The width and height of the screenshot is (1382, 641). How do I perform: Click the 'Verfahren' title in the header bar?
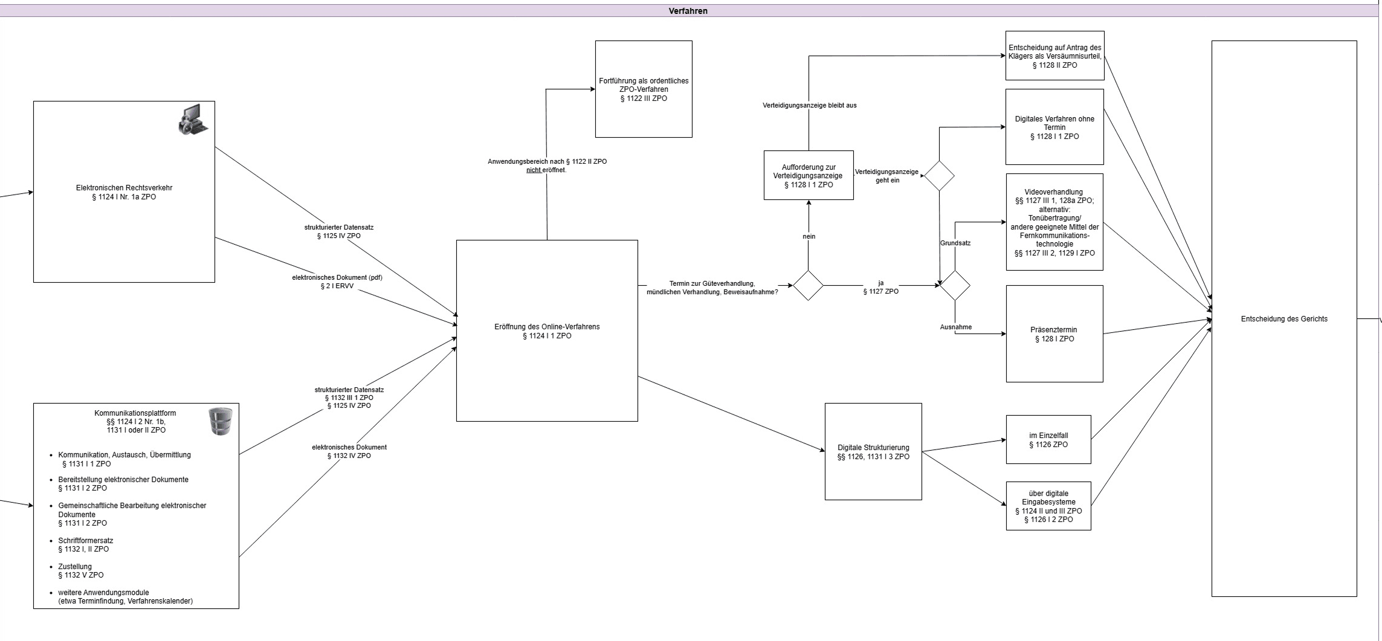point(688,11)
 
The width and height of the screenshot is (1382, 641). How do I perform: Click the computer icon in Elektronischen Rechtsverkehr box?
point(193,119)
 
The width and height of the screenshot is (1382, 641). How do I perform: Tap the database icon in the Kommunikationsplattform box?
point(220,421)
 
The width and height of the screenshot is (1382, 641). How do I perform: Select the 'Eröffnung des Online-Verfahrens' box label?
point(547,331)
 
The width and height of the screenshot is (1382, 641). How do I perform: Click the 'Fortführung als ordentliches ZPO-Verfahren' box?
point(644,89)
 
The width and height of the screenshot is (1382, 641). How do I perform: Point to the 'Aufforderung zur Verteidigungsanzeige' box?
point(809,176)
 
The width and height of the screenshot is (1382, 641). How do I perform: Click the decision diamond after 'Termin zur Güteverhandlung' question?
point(809,285)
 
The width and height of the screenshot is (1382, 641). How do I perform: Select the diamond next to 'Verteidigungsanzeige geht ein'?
point(939,176)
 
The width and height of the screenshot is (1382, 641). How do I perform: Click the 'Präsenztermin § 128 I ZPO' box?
point(1054,334)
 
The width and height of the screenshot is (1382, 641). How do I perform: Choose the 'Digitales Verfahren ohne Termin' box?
point(1054,127)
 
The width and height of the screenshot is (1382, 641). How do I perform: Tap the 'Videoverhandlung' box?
point(1054,222)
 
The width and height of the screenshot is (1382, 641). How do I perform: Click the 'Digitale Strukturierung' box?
point(873,452)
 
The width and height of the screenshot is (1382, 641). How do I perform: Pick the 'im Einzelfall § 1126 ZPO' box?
point(1048,440)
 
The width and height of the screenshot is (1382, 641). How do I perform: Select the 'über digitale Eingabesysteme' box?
point(1048,506)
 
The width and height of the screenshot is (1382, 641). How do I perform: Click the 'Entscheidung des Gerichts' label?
point(1284,319)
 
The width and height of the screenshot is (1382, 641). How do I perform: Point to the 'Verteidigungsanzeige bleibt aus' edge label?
point(809,105)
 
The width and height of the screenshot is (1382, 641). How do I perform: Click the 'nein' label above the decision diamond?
point(809,236)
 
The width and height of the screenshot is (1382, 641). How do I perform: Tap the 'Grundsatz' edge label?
point(955,243)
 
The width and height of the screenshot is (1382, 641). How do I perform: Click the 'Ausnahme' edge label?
point(956,327)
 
